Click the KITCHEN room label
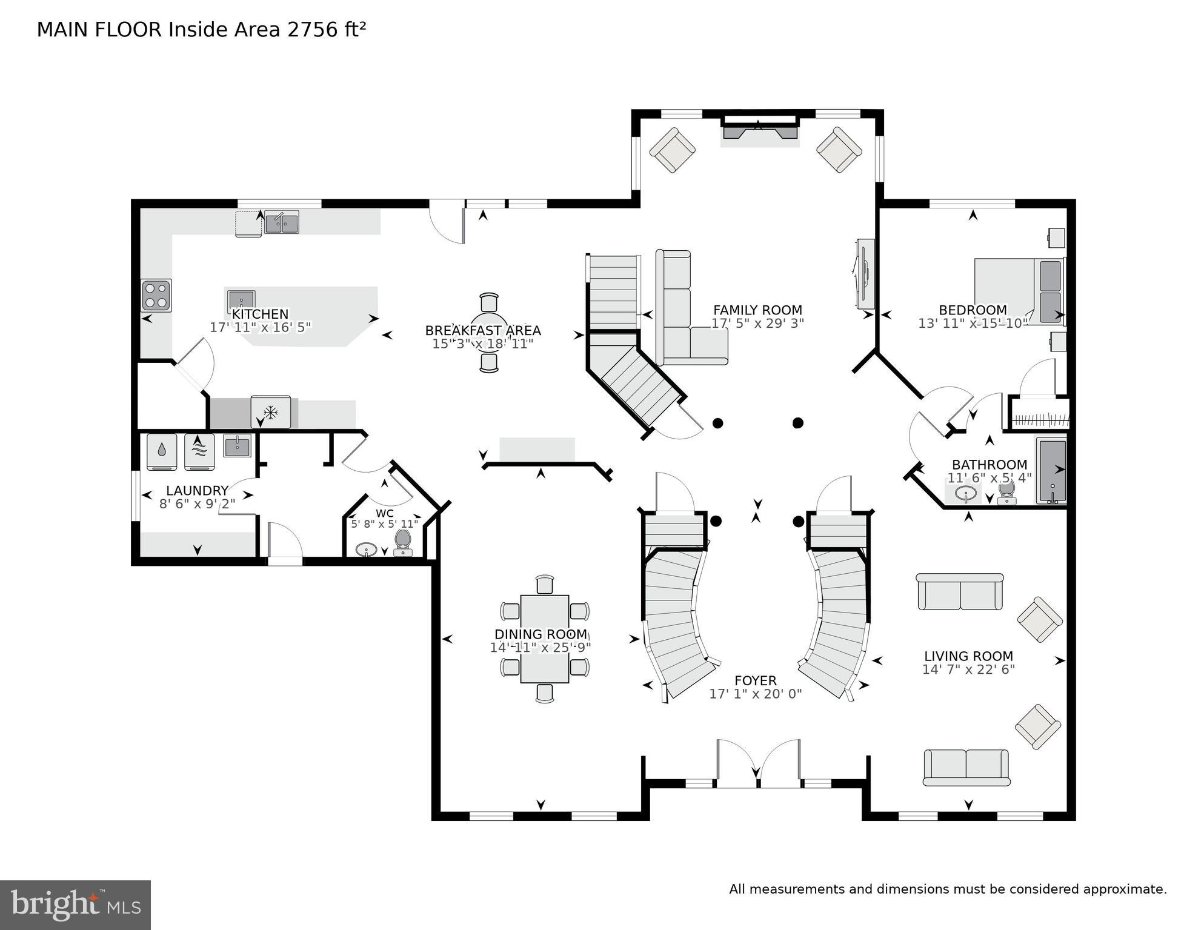tap(260, 314)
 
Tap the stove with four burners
tap(156, 295)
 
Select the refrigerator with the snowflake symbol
tap(270, 413)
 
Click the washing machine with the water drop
tap(162, 451)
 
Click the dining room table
tap(544, 639)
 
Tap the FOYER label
tap(755, 680)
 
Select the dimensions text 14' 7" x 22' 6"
tap(968, 669)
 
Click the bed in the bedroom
tap(1018, 291)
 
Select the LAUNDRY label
tap(197, 490)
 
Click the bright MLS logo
tap(75, 905)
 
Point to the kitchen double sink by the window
tap(282, 223)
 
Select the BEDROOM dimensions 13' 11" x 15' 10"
tap(973, 324)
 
